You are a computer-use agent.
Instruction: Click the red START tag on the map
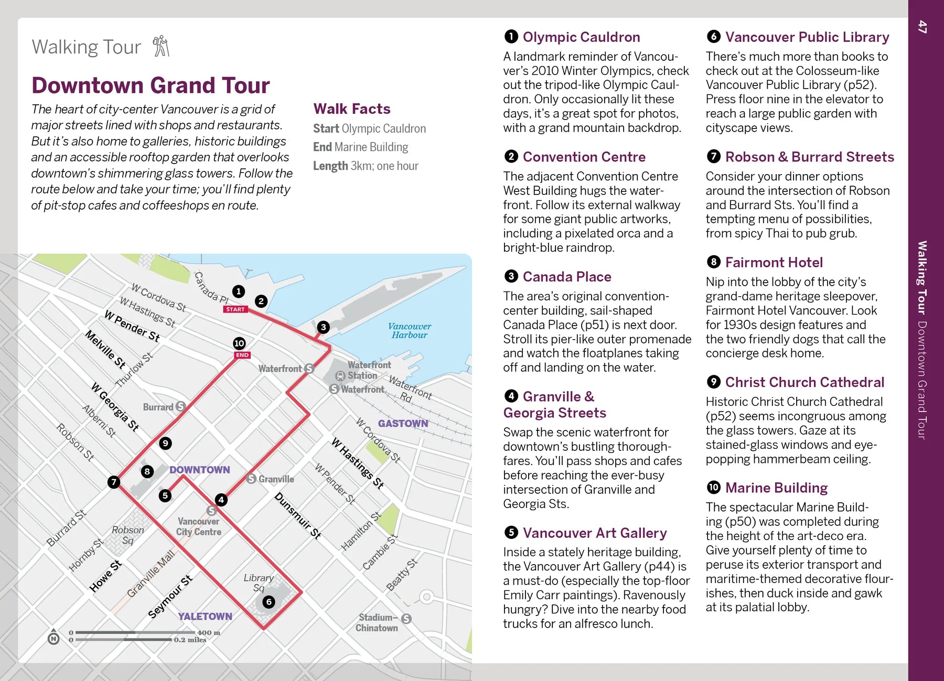point(235,309)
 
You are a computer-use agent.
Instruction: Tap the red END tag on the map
point(242,355)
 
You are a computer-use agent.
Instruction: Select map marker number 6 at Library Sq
point(269,602)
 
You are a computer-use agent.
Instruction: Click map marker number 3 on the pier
point(323,327)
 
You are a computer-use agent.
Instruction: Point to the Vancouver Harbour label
point(409,330)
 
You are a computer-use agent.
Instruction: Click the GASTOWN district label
point(403,423)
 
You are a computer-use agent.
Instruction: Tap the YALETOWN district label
point(205,617)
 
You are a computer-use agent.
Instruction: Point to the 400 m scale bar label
point(208,632)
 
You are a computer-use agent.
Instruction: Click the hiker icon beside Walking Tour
point(161,46)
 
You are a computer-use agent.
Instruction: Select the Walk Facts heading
point(352,109)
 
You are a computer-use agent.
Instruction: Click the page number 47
point(922,27)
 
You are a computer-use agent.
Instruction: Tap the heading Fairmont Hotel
point(774,262)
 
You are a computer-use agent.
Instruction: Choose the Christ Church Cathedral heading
point(804,382)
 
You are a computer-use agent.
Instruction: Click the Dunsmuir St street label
point(297,516)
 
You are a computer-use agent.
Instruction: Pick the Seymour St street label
point(170,597)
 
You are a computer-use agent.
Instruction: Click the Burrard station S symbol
point(180,406)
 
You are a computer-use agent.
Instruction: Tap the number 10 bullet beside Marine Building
point(713,488)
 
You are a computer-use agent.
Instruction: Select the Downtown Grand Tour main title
point(151,85)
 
